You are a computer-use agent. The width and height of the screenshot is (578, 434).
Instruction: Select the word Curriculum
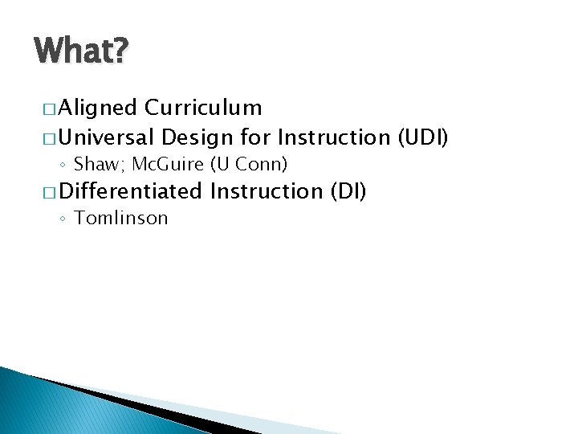pos(204,108)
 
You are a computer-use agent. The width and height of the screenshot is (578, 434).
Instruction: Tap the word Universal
pos(107,137)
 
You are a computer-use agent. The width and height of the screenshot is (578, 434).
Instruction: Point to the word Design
pos(197,137)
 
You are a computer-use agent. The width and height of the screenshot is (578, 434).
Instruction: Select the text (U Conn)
pos(249,165)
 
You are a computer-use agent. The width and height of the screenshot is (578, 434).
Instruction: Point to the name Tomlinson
pos(120,218)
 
